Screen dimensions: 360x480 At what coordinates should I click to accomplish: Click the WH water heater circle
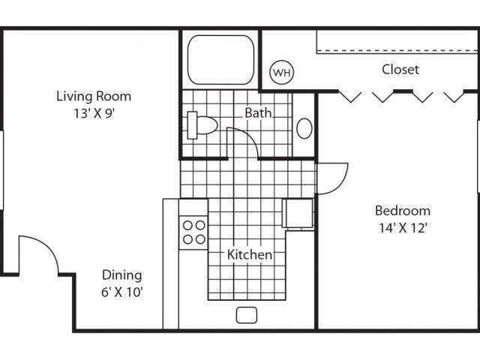pyautogui.click(x=282, y=73)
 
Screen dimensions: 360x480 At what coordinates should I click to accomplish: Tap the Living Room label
pyautogui.click(x=94, y=96)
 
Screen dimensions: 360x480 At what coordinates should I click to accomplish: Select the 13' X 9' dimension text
pyautogui.click(x=94, y=115)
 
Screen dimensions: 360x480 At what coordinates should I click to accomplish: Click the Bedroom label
pyautogui.click(x=403, y=211)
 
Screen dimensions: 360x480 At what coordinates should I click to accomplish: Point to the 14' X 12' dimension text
pyautogui.click(x=403, y=228)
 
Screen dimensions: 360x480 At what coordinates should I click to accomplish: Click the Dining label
pyautogui.click(x=121, y=275)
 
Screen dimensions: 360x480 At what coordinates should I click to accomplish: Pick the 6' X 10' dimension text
pyautogui.click(x=121, y=292)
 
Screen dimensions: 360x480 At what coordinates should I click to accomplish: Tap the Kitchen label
pyautogui.click(x=250, y=255)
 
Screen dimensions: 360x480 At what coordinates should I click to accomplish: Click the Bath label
pyautogui.click(x=257, y=112)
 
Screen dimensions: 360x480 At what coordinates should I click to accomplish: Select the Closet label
pyautogui.click(x=400, y=70)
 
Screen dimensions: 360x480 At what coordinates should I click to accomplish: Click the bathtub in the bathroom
pyautogui.click(x=220, y=59)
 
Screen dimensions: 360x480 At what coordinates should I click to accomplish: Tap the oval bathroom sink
pyautogui.click(x=304, y=128)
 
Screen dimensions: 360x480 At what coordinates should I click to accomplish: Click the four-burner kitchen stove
pyautogui.click(x=193, y=232)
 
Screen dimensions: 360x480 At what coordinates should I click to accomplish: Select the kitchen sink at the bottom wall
pyautogui.click(x=247, y=315)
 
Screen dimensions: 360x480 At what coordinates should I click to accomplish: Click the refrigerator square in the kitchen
pyautogui.click(x=298, y=214)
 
